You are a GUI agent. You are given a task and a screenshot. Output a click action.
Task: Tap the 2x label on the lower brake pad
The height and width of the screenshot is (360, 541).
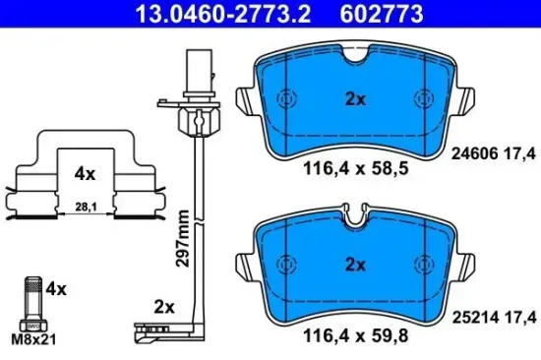(355, 264)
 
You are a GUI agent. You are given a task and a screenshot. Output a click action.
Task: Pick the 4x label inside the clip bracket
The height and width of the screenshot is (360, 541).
(86, 173)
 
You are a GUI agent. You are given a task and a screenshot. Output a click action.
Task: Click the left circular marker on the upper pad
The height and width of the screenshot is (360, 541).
(286, 99)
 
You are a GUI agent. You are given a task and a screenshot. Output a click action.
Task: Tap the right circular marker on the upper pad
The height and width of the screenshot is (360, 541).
(424, 99)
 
